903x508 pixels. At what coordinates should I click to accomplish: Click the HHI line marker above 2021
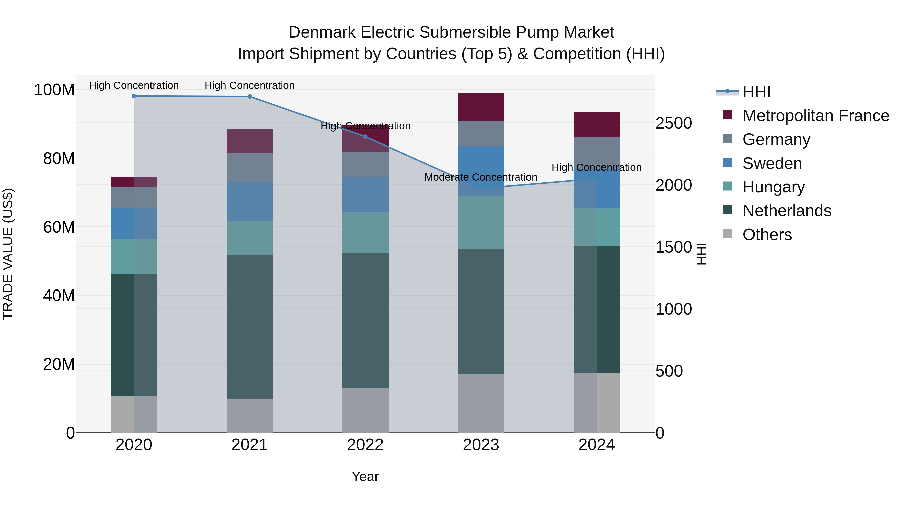249,96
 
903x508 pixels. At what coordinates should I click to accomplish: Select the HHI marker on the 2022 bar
365,137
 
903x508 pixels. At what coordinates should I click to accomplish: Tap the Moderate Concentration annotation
481,177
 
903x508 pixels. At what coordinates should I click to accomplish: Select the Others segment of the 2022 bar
365,410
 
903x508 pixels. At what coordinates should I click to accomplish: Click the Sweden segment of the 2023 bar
481,171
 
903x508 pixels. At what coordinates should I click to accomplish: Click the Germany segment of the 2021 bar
249,167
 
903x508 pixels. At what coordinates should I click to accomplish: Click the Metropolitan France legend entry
815,116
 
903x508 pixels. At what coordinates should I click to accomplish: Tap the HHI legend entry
756,92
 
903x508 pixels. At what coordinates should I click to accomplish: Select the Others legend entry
767,235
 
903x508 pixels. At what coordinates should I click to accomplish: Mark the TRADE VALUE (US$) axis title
8,254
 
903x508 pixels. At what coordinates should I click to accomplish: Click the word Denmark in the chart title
322,32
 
